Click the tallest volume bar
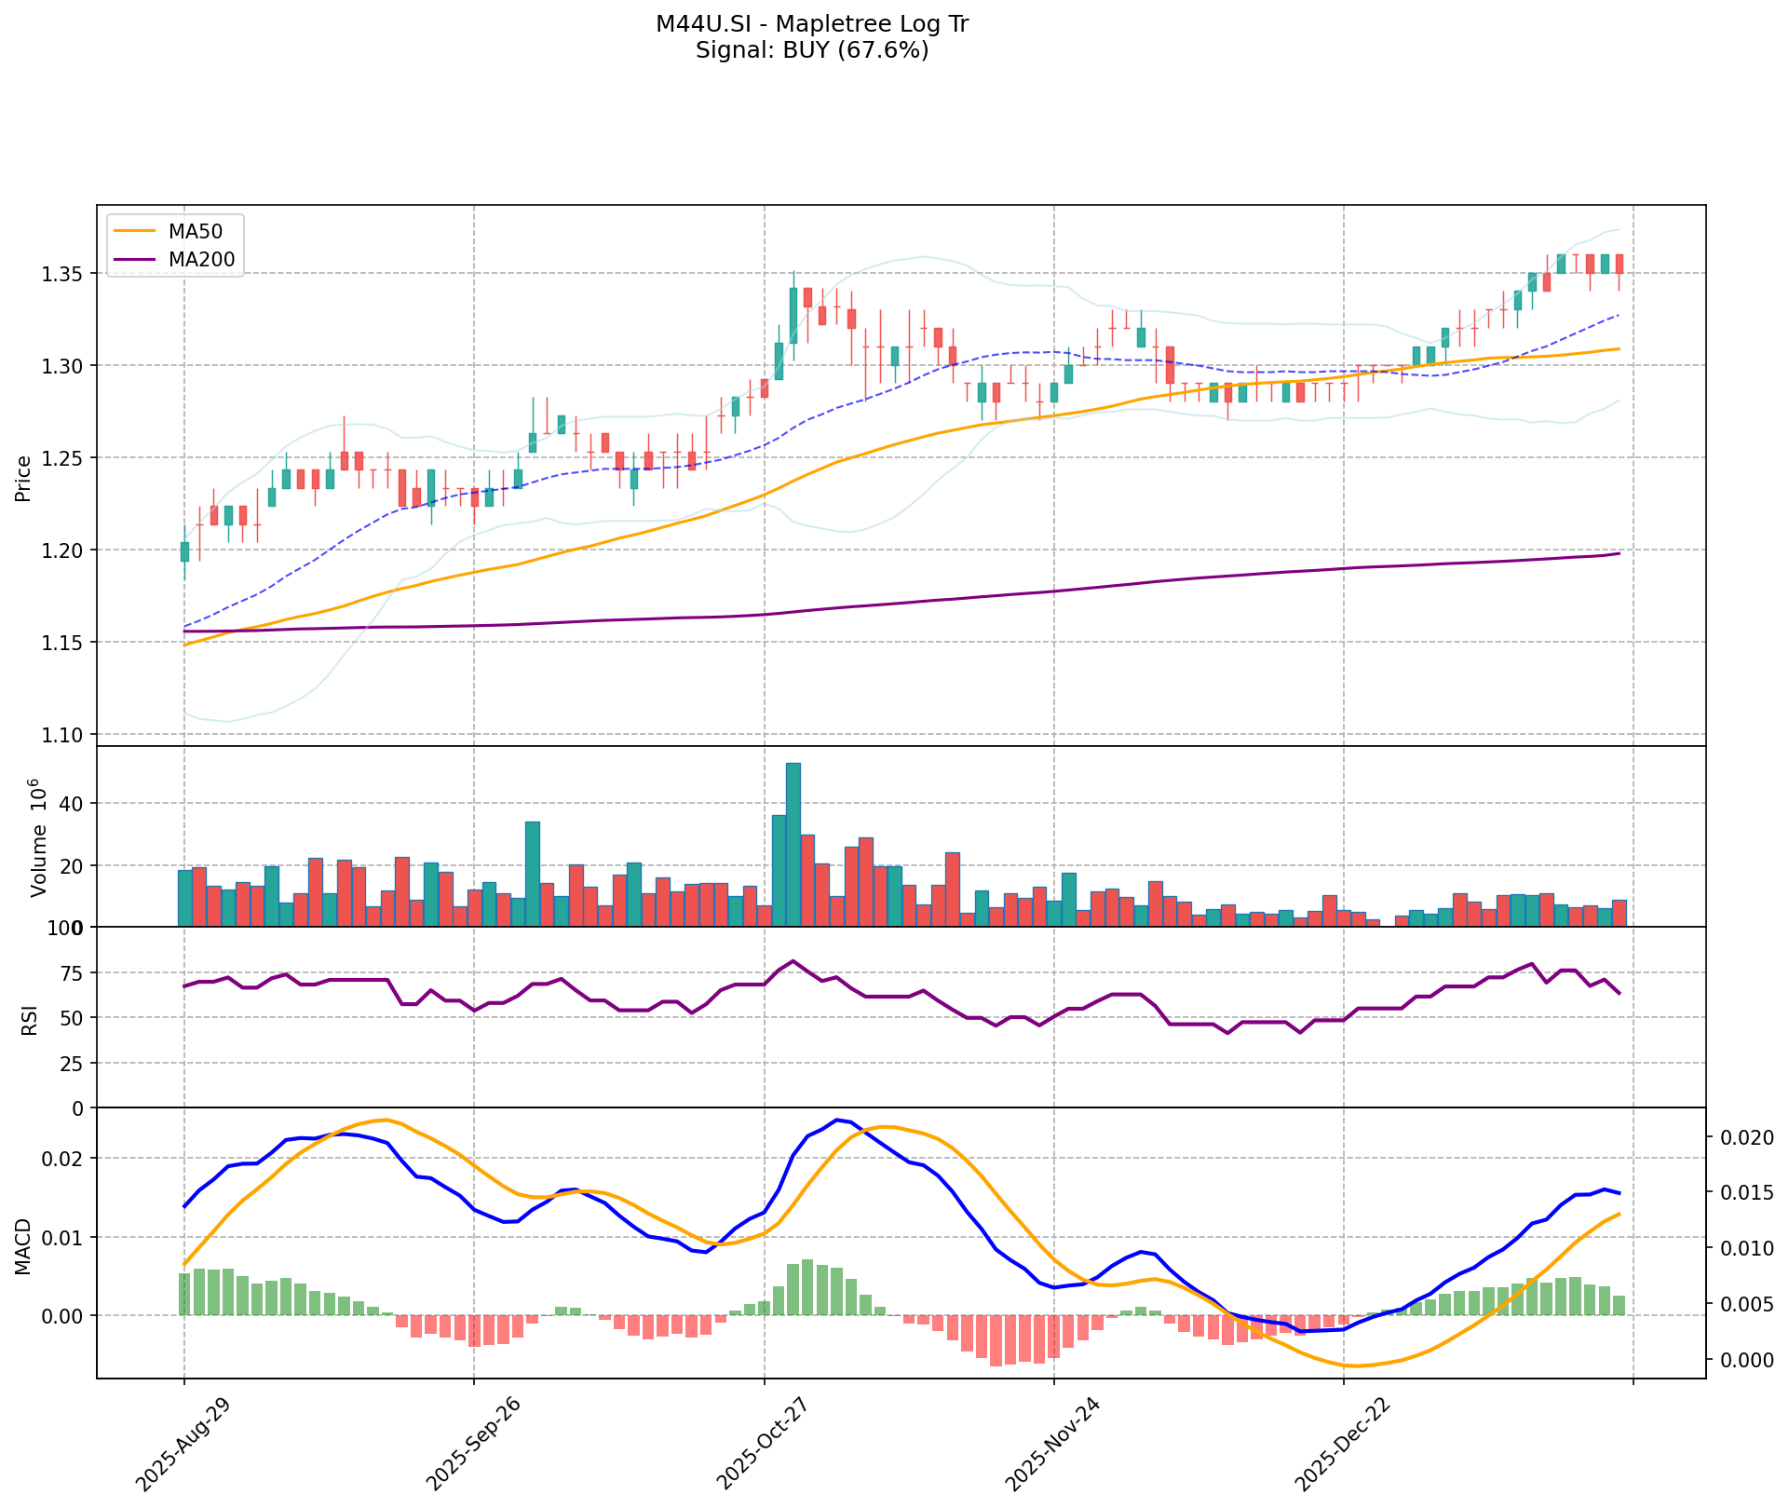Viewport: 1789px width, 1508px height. point(793,844)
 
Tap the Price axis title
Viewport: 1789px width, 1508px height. point(24,477)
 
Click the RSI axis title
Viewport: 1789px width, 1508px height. point(30,1018)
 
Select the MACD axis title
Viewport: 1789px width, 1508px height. point(24,1245)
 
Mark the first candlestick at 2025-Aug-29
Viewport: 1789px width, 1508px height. point(184,551)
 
